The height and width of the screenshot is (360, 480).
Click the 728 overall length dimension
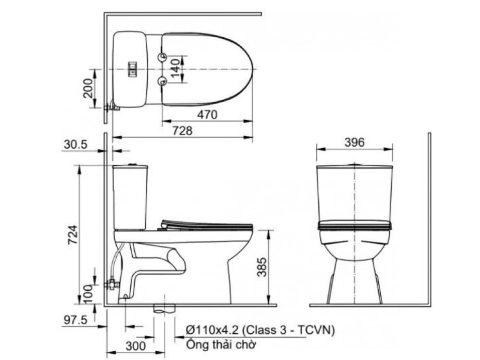pyautogui.click(x=182, y=131)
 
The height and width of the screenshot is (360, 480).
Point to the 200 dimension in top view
pyautogui.click(x=88, y=88)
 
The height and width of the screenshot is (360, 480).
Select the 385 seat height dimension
pyautogui.click(x=262, y=267)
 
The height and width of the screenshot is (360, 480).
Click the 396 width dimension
pyautogui.click(x=354, y=142)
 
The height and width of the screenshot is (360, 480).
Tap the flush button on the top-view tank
pyautogui.click(x=133, y=69)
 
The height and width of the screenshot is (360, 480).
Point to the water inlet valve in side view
pyautogui.click(x=111, y=284)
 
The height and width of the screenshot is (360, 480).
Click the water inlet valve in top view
pyautogui.click(x=111, y=107)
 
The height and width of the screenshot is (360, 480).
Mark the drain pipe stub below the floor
pyautogui.click(x=164, y=309)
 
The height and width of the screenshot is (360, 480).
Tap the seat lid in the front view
pyautogui.click(x=354, y=225)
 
